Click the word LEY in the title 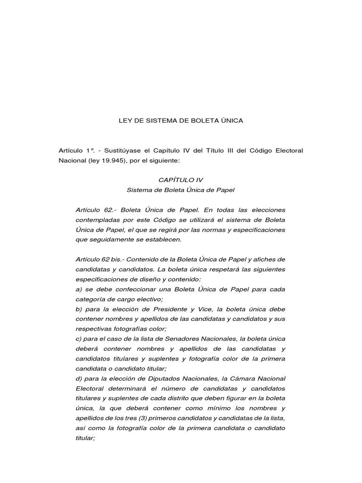(124, 121)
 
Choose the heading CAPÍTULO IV (181, 180)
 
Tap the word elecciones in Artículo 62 (267, 209)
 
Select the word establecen (166, 239)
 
